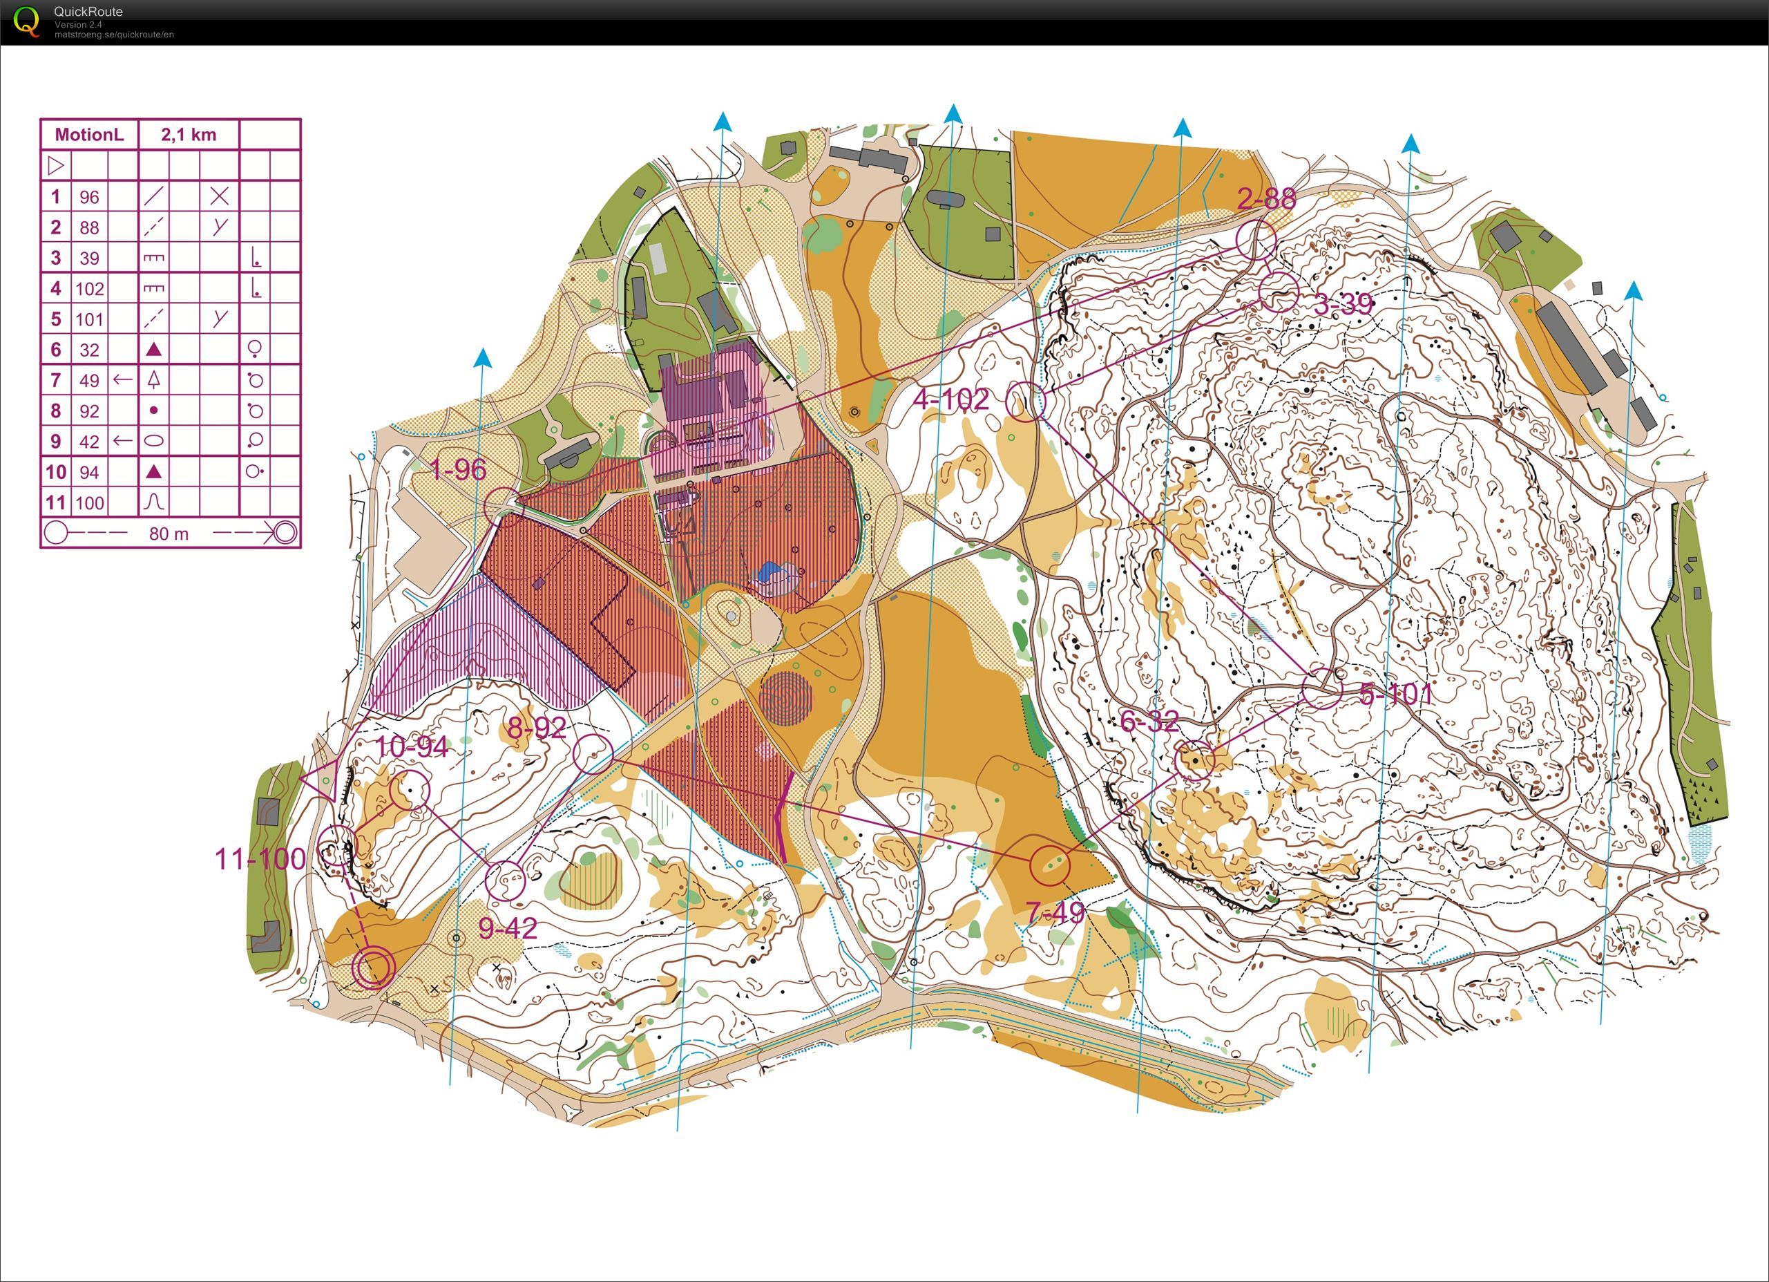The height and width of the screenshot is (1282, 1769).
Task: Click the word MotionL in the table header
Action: tap(89, 134)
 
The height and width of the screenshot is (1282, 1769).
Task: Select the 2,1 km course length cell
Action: tap(189, 134)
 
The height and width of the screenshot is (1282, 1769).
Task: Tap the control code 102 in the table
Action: tap(90, 289)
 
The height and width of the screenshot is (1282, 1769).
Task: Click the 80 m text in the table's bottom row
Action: tap(169, 534)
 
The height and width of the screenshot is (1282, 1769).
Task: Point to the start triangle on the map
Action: tap(321, 779)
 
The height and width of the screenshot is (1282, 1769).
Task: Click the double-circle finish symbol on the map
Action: tap(373, 968)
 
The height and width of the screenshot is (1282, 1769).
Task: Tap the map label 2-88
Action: tap(1266, 199)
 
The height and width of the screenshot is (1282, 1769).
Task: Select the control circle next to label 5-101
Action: tap(1322, 689)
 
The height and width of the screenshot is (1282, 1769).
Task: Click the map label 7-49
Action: tap(1055, 912)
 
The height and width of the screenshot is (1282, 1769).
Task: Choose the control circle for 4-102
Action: tap(1026, 402)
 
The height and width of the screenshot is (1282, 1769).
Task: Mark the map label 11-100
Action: tap(260, 859)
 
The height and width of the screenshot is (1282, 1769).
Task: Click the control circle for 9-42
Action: tap(505, 881)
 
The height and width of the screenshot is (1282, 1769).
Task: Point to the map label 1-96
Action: tap(458, 470)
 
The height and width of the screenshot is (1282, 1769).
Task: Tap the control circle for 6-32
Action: tap(1195, 760)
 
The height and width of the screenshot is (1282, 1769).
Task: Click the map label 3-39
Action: tap(1342, 304)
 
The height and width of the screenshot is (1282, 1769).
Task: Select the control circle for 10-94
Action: tap(410, 791)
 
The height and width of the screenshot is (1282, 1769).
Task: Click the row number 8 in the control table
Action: tap(55, 411)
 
